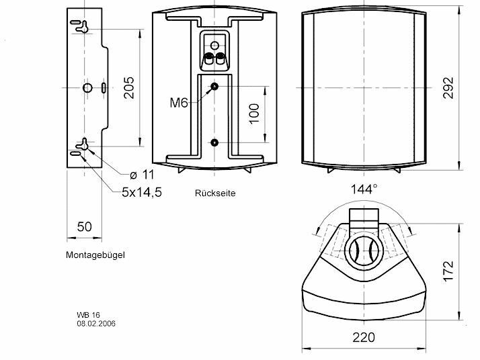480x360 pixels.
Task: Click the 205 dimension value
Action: point(129,87)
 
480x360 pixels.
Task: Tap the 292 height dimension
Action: point(448,88)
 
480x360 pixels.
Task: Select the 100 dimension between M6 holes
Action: point(254,114)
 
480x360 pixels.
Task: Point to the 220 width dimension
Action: point(364,337)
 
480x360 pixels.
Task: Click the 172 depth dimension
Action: point(448,271)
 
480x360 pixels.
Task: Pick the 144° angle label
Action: point(364,189)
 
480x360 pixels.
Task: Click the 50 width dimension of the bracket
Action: point(85,226)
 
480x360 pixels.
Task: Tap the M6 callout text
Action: point(179,103)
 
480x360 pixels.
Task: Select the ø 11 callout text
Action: point(142,175)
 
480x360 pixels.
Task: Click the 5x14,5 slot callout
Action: point(142,192)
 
